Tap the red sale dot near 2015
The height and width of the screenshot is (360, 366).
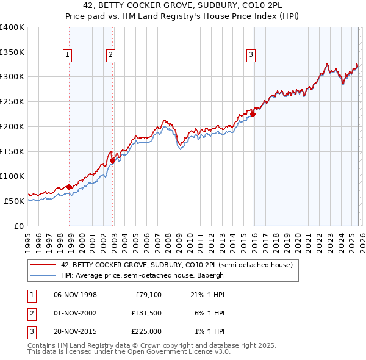[253, 113]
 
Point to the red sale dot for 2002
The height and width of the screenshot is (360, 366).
[112, 160]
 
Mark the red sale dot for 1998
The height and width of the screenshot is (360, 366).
[70, 187]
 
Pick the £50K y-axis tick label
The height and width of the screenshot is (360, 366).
[14, 200]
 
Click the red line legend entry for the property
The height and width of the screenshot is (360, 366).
[177, 265]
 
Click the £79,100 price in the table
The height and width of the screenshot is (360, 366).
[146, 295]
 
